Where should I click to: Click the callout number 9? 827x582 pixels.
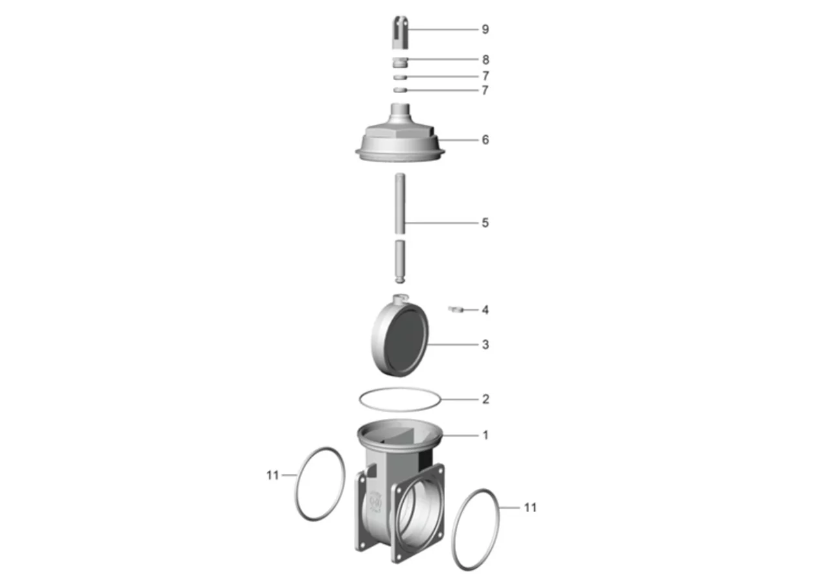[x=485, y=29]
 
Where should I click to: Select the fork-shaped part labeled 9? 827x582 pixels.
[x=400, y=32]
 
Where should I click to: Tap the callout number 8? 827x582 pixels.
[x=486, y=59]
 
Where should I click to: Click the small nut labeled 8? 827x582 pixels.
[x=400, y=62]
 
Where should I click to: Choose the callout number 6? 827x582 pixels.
[x=485, y=140]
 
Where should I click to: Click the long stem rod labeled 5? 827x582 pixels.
[x=400, y=204]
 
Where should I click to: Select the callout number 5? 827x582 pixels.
[x=485, y=223]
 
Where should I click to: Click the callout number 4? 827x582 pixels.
[x=485, y=310]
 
